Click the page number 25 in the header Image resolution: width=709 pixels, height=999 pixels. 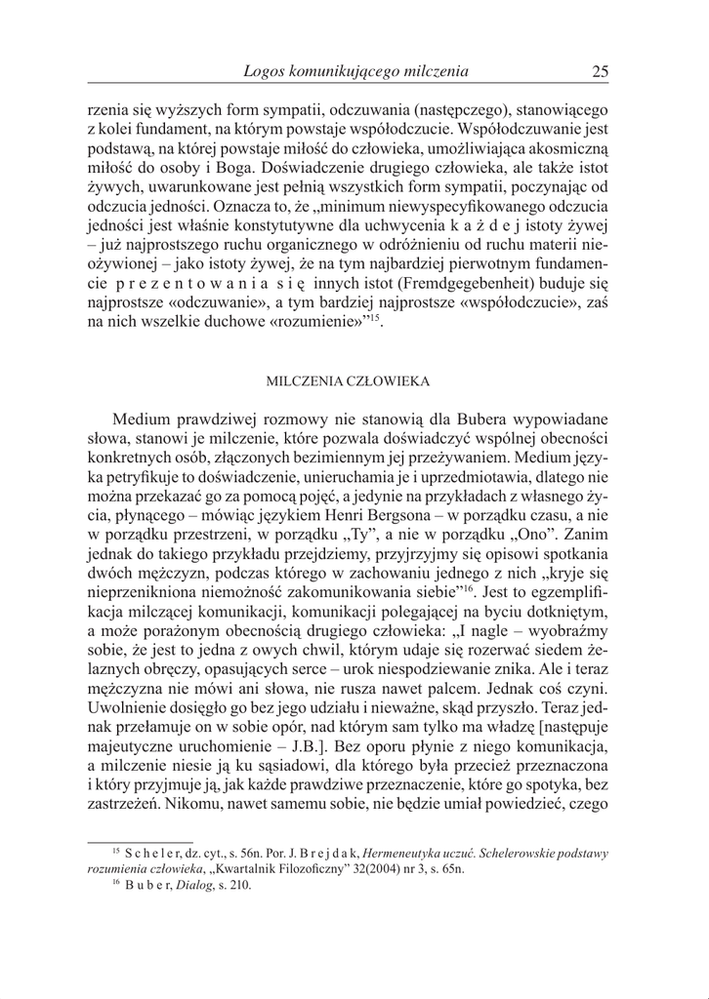(601, 71)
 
